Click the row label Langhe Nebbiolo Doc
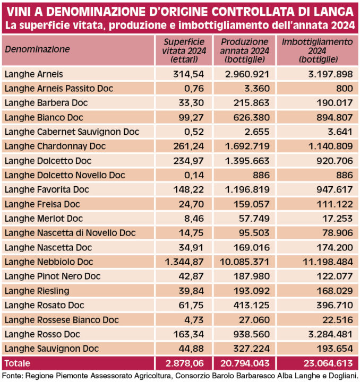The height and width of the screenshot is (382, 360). tap(49, 262)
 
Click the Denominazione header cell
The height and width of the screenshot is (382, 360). tap(38, 49)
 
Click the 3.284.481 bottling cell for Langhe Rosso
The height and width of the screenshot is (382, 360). tap(326, 334)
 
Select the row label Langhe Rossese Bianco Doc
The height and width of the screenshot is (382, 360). tap(61, 320)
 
